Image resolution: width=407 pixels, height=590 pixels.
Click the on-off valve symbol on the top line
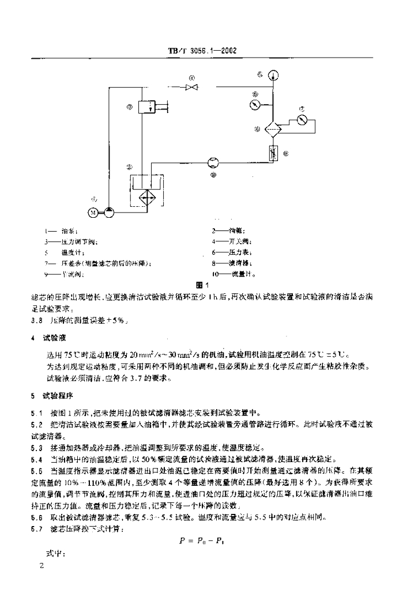pos(191,87)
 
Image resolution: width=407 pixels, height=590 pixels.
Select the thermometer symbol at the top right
pos(273,74)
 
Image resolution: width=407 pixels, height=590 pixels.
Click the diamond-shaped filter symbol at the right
pos(273,129)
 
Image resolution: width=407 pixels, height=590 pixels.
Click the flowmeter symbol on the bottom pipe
pos(214,164)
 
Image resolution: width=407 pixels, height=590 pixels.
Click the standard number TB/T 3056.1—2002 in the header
pos(203,50)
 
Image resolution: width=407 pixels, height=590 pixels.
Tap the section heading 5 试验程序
pos(51,396)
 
